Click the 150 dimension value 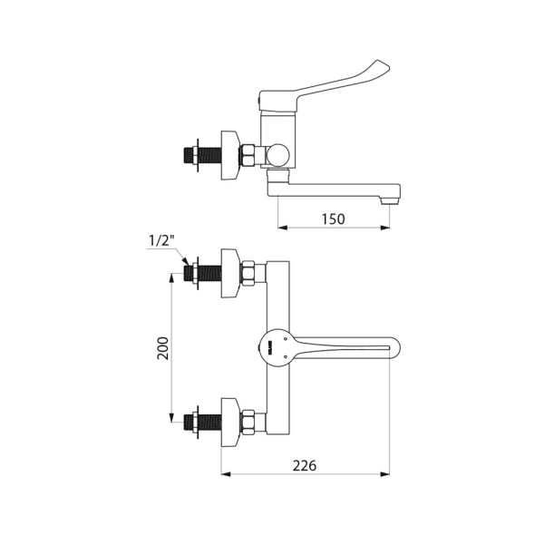[x=334, y=219]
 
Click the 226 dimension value [x=305, y=466]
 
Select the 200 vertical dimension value [x=163, y=348]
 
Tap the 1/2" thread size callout [x=161, y=240]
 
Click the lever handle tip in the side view [x=383, y=66]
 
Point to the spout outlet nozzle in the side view [x=390, y=200]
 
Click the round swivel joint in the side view [x=277, y=155]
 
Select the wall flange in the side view [x=230, y=155]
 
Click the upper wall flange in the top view [x=230, y=273]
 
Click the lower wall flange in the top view [x=230, y=423]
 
